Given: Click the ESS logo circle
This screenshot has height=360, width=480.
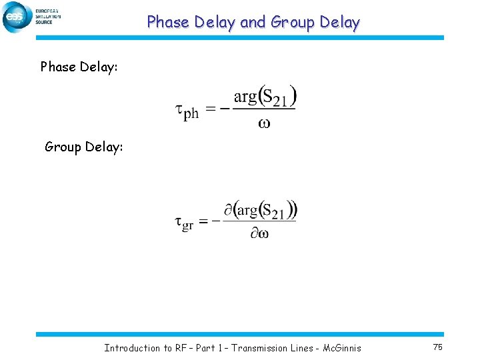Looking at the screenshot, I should click(17, 17).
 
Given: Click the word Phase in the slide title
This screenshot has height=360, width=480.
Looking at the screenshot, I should click(168, 22).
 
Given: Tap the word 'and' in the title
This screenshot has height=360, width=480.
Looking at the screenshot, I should click(253, 22).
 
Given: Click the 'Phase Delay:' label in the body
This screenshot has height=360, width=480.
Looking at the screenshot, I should click(79, 67).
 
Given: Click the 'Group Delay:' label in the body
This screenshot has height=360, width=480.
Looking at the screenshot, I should click(84, 147).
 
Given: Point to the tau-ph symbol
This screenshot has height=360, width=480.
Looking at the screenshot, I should click(187, 111).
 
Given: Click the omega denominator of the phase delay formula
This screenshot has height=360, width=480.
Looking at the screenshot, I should click(264, 123).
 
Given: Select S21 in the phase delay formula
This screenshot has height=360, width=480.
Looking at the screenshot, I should click(275, 98).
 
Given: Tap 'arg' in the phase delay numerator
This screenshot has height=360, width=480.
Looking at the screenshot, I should click(245, 97).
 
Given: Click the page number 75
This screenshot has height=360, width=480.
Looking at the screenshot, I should click(438, 347).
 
